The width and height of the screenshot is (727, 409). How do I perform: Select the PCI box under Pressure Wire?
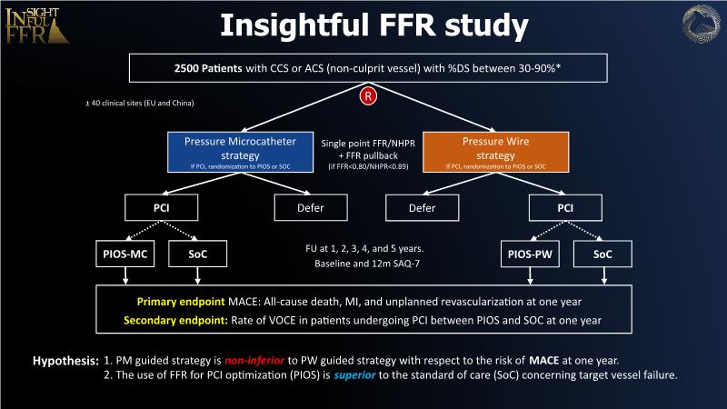tap(565, 207)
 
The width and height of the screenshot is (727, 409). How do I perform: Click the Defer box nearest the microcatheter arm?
tap(311, 207)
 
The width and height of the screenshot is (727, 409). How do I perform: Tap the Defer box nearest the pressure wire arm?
tap(423, 207)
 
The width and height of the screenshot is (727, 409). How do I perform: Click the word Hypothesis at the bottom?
tap(66, 361)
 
